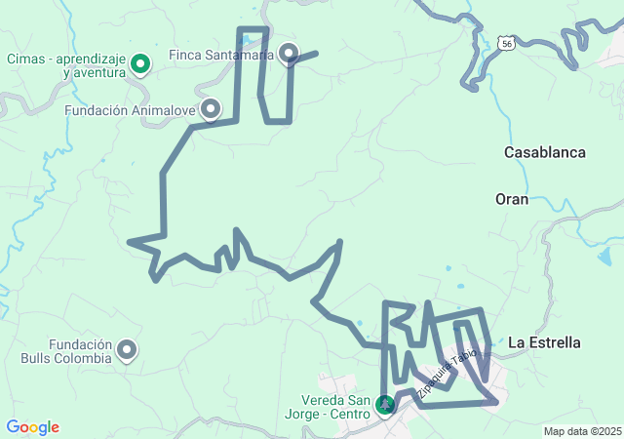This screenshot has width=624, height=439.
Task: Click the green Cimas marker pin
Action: (x=139, y=64)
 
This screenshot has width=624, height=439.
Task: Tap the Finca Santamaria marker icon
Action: (x=289, y=53)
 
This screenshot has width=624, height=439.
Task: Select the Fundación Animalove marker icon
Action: (x=211, y=109)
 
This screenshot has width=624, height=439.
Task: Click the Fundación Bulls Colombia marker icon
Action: (x=127, y=349)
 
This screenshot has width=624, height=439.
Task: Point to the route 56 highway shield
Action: (x=504, y=43)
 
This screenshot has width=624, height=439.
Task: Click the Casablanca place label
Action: (x=544, y=152)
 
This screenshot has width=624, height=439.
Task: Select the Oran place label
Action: (x=511, y=199)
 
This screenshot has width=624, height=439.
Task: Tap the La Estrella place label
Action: (x=544, y=342)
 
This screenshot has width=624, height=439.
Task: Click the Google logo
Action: (x=32, y=427)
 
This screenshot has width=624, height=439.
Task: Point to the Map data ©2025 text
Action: (x=582, y=431)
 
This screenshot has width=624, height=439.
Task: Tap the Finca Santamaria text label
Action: (x=221, y=55)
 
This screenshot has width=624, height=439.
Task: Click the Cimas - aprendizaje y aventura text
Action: (x=66, y=65)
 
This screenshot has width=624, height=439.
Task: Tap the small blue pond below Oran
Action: (x=606, y=256)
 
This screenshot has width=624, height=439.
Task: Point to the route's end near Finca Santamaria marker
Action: (x=317, y=53)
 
